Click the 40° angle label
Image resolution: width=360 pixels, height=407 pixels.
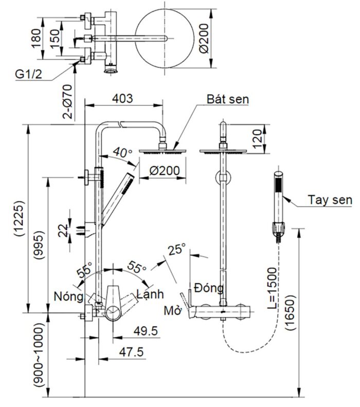(123, 153)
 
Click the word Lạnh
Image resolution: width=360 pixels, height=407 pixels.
(150, 294)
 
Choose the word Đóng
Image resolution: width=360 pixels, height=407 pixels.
(208, 288)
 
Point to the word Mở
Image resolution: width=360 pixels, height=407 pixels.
(172, 310)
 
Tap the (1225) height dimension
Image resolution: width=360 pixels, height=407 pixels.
(19, 218)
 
